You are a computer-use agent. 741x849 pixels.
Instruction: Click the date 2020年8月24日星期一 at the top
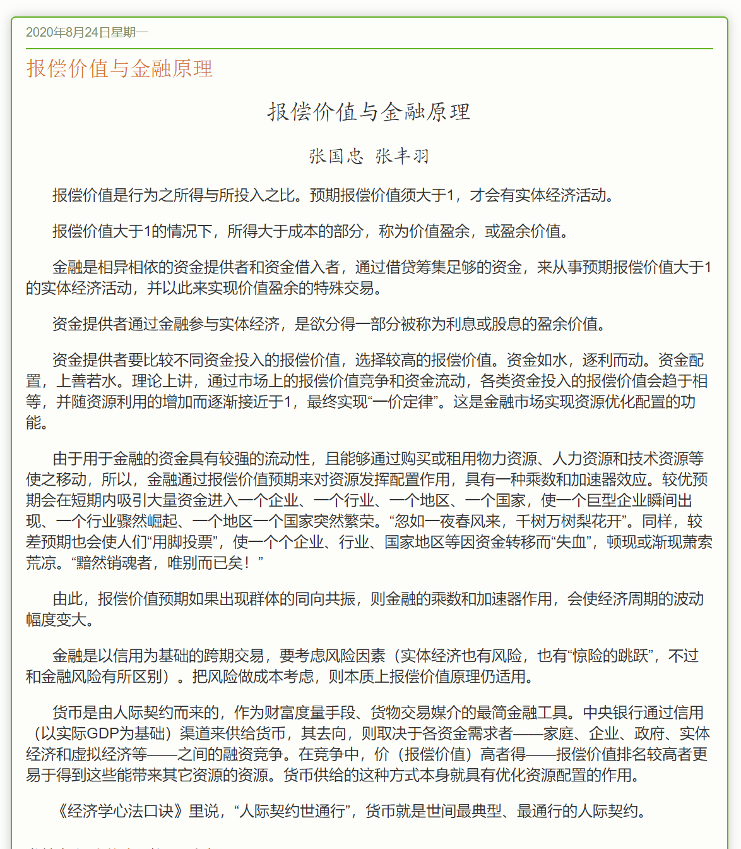tap(86, 32)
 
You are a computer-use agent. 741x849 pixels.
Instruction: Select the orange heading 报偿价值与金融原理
tap(119, 68)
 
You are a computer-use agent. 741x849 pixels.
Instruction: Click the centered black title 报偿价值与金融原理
tap(369, 112)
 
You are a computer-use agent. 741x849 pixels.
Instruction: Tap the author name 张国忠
tap(336, 156)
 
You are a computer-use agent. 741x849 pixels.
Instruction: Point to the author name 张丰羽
tap(402, 156)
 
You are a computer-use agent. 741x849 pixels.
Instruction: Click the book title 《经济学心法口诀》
tap(121, 810)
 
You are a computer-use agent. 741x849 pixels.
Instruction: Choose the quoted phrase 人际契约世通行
tap(293, 810)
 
